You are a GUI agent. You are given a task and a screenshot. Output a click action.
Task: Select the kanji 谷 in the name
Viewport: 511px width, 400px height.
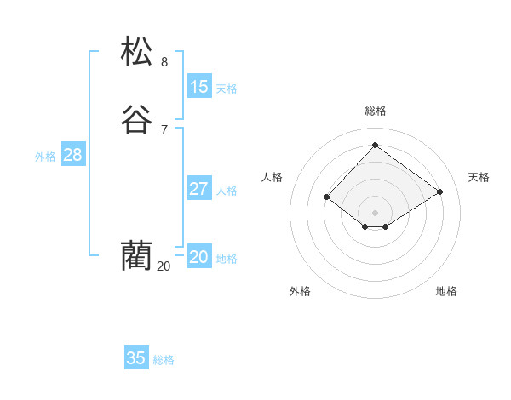click(x=137, y=120)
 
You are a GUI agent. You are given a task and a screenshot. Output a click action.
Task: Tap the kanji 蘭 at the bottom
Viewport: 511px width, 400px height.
click(x=136, y=254)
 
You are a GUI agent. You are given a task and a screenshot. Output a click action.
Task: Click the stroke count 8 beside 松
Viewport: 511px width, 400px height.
click(x=164, y=61)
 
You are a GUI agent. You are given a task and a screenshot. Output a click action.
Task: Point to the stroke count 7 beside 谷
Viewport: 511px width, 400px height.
click(x=164, y=129)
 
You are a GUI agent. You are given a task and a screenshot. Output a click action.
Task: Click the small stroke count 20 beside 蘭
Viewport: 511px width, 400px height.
click(x=164, y=266)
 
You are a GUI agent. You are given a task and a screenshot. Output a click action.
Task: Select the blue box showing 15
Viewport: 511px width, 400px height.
click(x=199, y=86)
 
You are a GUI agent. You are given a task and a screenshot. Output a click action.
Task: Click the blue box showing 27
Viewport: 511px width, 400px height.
click(x=199, y=189)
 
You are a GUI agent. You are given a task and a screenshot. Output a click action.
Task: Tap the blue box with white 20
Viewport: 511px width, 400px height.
click(x=199, y=257)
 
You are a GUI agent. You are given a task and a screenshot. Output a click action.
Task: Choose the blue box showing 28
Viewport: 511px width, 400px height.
click(x=72, y=155)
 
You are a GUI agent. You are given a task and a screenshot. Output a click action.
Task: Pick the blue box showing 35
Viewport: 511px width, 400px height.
click(x=136, y=358)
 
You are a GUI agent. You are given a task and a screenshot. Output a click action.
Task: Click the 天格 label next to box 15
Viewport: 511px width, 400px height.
click(x=227, y=88)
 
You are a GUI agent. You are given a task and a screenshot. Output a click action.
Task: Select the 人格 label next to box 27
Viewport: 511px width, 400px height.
click(x=227, y=191)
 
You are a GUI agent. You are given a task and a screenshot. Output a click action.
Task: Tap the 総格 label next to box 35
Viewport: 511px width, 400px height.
click(x=164, y=360)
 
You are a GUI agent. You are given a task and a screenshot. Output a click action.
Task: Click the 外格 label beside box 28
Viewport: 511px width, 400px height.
click(x=45, y=157)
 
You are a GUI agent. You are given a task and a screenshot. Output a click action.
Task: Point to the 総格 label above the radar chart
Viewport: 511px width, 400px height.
click(x=376, y=111)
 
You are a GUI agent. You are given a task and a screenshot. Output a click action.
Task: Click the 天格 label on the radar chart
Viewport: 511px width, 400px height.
click(x=479, y=177)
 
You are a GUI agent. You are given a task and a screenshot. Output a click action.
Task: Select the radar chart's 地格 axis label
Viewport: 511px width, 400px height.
click(x=446, y=291)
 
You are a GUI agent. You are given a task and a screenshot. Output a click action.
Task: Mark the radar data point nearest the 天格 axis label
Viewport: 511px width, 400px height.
click(x=439, y=192)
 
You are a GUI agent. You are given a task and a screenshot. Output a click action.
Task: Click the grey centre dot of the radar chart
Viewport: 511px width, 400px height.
click(x=375, y=212)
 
